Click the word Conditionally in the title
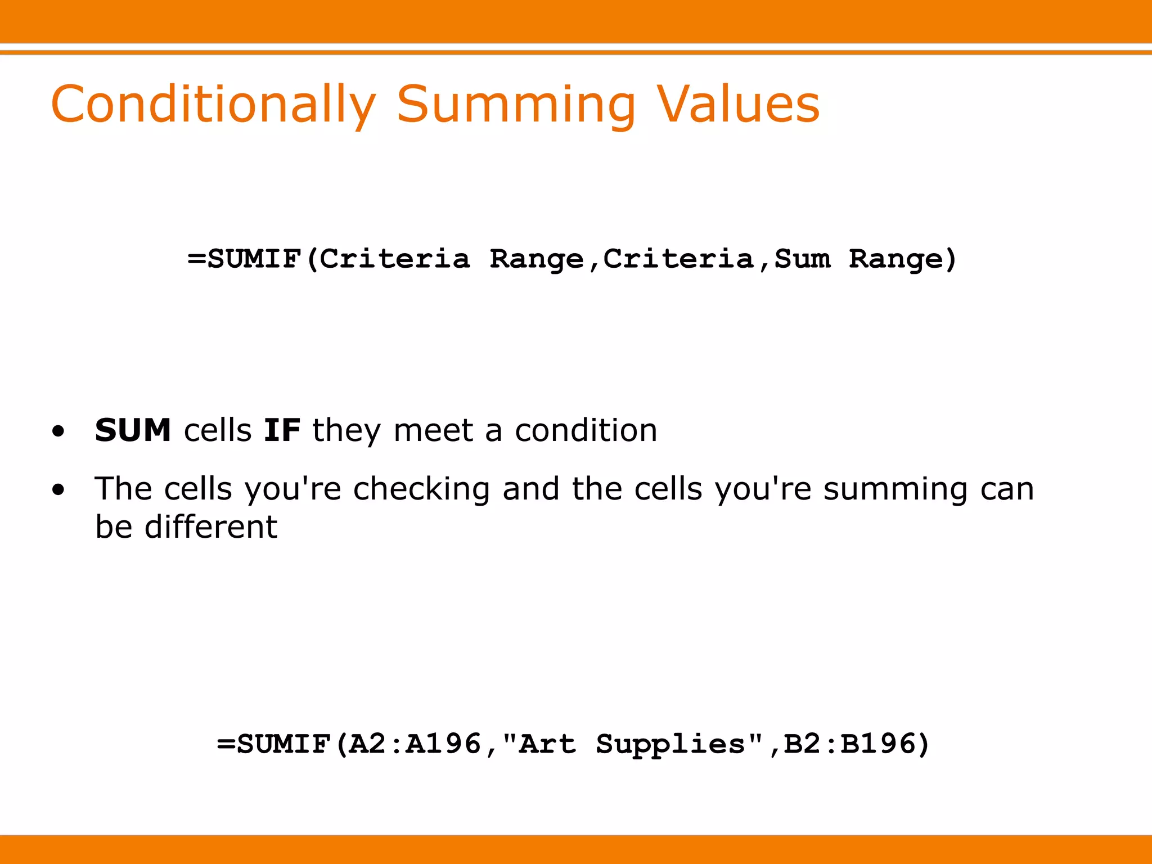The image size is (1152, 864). (213, 105)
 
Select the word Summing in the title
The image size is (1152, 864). (516, 105)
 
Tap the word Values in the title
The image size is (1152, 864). (739, 105)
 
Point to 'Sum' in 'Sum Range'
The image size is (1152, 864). (802, 259)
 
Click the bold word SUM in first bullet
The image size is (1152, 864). (133, 430)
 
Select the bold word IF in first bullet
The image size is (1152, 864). (282, 430)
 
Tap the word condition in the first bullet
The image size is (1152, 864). (586, 430)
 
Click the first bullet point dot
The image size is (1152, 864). (58, 432)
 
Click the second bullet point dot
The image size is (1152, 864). (58, 490)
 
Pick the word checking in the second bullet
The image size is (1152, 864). (421, 489)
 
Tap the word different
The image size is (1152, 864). (211, 527)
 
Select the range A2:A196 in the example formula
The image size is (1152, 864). (415, 744)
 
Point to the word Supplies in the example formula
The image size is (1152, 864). (670, 745)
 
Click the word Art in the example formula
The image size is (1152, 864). (547, 744)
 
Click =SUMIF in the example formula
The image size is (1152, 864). (274, 744)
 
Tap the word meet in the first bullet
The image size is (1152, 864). (433, 430)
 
